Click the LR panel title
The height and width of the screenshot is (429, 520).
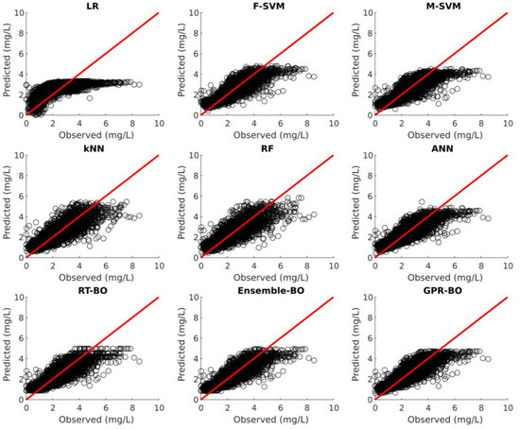pyautogui.click(x=93, y=7)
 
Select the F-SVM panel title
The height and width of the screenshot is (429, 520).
pyautogui.click(x=268, y=7)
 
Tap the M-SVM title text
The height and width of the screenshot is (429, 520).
pyautogui.click(x=442, y=7)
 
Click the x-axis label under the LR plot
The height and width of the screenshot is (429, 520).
pyautogui.click(x=93, y=135)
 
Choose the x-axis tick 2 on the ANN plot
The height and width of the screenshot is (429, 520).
pyautogui.click(x=403, y=266)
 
